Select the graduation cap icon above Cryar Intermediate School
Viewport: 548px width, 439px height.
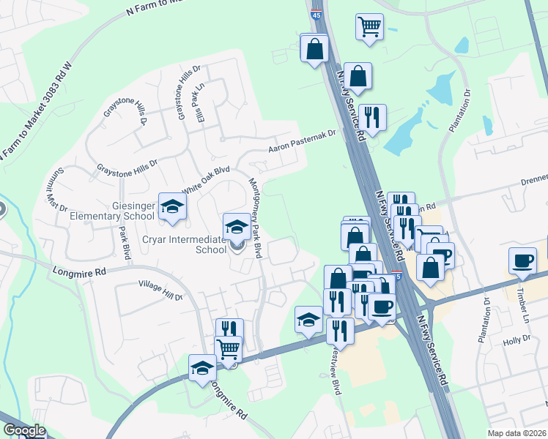tap(237, 228)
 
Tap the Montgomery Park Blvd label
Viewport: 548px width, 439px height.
tap(256, 218)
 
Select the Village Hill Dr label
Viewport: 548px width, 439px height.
tap(160, 290)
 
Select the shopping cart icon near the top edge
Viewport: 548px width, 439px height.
tap(370, 27)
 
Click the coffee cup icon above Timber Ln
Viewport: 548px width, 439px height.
tap(523, 261)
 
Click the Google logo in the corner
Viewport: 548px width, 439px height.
tap(24, 431)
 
